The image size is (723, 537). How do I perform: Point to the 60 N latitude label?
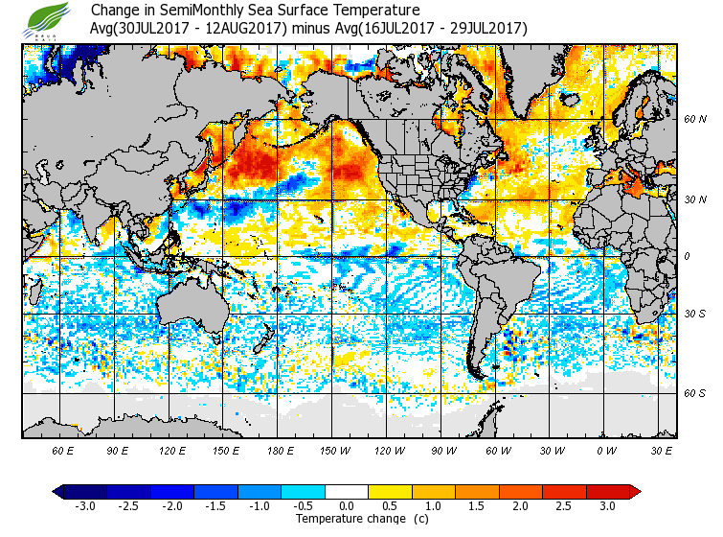point(694,119)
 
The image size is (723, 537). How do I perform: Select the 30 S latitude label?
point(694,314)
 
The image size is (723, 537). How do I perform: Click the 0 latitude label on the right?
point(687,256)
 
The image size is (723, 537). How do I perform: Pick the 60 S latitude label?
point(694,392)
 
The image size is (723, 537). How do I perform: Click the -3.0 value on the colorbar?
point(85,506)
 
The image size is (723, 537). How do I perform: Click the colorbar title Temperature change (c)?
point(349,520)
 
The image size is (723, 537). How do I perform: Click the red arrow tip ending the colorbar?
point(635,491)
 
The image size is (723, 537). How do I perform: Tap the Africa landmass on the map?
point(622,240)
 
